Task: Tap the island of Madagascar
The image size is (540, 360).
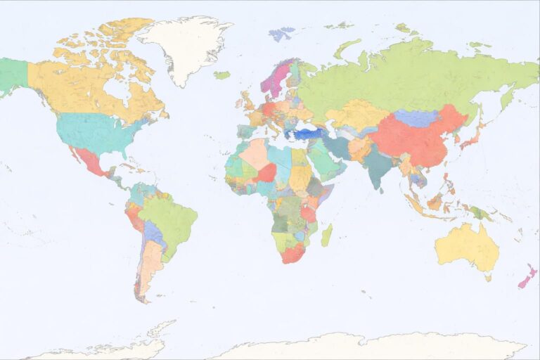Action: pyautogui.click(x=326, y=235)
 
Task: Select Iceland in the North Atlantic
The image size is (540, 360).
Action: pyautogui.click(x=222, y=75)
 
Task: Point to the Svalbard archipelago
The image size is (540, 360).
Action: pyautogui.click(x=282, y=33)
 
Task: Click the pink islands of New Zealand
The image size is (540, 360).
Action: pyautogui.click(x=527, y=276)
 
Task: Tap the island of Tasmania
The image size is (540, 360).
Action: pyautogui.click(x=487, y=277)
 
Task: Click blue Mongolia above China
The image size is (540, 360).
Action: pyautogui.click(x=416, y=117)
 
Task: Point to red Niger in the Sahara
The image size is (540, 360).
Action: pyautogui.click(x=266, y=172)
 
